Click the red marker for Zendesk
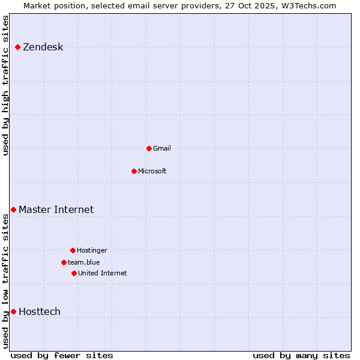[x=18, y=47]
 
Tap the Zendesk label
[x=43, y=47]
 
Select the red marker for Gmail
[x=149, y=148]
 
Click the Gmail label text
[x=162, y=148]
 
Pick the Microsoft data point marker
[x=134, y=171]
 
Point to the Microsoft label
[x=152, y=171]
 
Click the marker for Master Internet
[x=13, y=209]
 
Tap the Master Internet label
[x=56, y=209]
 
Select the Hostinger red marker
[x=73, y=250]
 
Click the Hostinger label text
[x=92, y=250]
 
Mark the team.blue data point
[x=64, y=262]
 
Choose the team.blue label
[x=84, y=262]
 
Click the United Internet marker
[x=74, y=273]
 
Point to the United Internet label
[x=103, y=273]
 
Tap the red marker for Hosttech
[x=13, y=311]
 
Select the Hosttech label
[x=40, y=311]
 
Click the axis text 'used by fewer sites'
[x=62, y=355]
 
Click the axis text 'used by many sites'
[x=301, y=355]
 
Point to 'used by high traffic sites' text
[x=6, y=85]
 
